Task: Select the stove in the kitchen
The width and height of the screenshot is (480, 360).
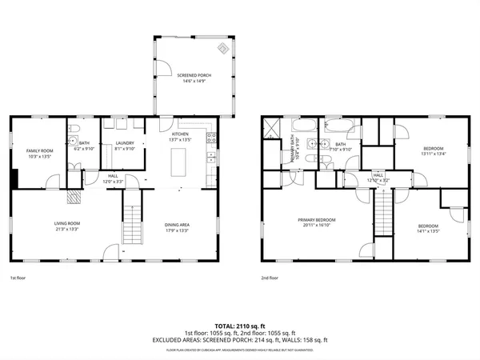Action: (x=212, y=138)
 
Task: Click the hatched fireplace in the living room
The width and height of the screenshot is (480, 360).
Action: (x=74, y=196)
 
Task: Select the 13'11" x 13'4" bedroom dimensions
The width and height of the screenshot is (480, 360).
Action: (x=434, y=154)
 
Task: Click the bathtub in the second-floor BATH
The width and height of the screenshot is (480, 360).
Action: (x=336, y=126)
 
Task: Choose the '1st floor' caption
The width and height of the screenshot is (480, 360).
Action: (x=18, y=278)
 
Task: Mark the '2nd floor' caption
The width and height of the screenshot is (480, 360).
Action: (x=270, y=278)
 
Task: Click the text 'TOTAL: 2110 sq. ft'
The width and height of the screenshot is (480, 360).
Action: (x=239, y=326)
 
